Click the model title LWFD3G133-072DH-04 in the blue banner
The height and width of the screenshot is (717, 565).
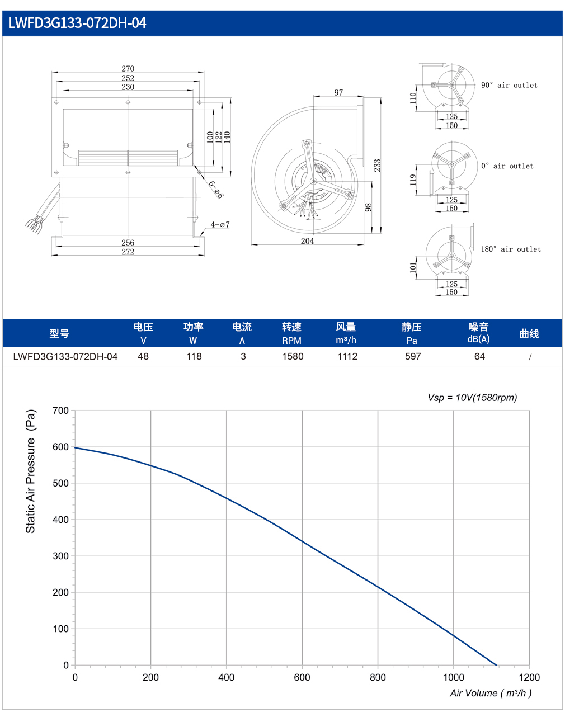77,23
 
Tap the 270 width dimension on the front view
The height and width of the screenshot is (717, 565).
128,68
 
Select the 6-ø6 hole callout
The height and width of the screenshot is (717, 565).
216,189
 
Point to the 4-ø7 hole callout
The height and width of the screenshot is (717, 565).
220,225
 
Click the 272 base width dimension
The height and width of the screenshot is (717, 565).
128,252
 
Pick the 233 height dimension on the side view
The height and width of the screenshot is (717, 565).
377,165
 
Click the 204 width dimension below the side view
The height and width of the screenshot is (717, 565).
307,241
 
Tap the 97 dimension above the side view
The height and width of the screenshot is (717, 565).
338,93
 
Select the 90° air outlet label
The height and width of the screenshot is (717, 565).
509,86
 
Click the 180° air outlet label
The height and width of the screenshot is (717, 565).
511,249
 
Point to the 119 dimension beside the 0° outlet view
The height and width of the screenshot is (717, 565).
413,180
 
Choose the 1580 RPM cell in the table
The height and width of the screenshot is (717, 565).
293,356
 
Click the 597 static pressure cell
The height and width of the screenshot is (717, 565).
413,356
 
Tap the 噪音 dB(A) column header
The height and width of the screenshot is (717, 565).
478,333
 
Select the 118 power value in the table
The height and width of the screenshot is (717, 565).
194,356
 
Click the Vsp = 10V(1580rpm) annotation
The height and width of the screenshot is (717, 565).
472,398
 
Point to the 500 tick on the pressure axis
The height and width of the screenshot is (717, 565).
60,483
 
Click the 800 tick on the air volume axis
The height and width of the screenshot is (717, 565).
378,677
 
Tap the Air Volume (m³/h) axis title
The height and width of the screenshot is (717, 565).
491,693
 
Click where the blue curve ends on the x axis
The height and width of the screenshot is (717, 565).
496,666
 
